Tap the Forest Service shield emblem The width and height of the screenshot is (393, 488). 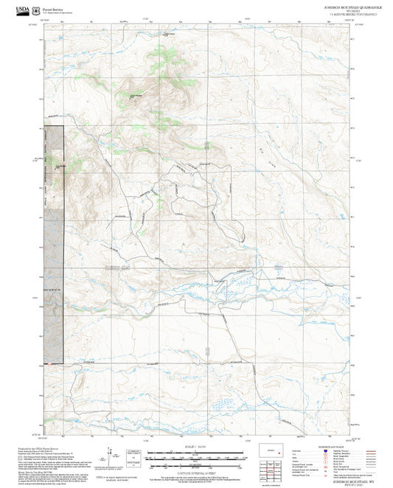coord(25,9)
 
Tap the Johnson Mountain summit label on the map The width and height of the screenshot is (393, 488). coord(136,95)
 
